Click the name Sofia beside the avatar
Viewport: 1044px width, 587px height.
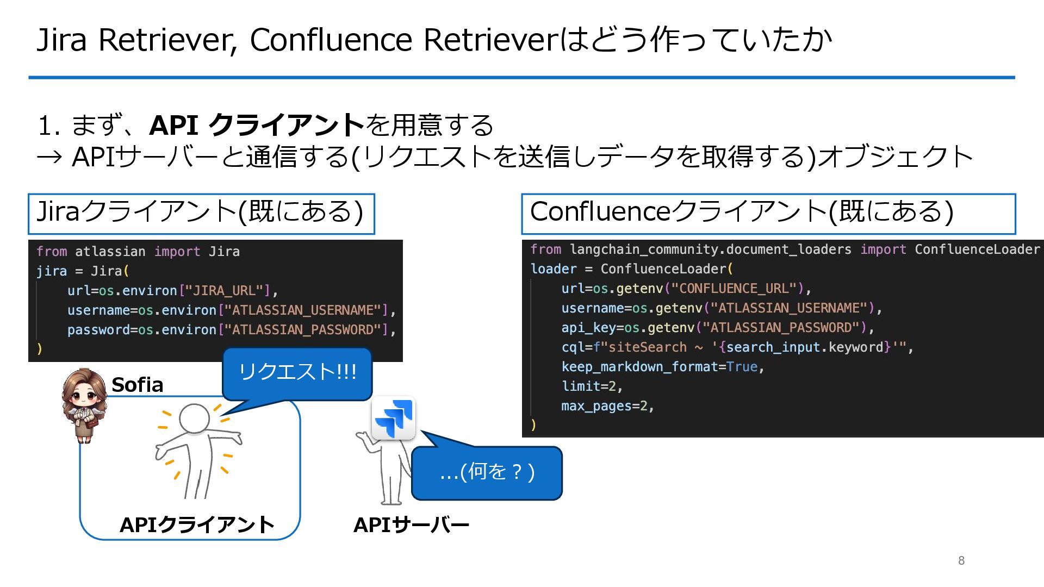pyautogui.click(x=137, y=385)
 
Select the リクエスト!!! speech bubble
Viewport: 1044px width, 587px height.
pyautogui.click(x=297, y=373)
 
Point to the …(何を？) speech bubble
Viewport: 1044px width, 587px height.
pyautogui.click(x=487, y=472)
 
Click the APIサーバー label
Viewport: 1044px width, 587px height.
pyautogui.click(x=411, y=525)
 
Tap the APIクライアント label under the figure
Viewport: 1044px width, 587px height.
pyautogui.click(x=197, y=525)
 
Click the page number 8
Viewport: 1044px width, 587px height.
pyautogui.click(x=961, y=560)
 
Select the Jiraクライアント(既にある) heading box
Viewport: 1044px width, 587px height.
pyautogui.click(x=201, y=213)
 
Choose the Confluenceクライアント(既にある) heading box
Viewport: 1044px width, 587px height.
pyautogui.click(x=768, y=213)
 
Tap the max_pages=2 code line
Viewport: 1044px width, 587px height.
pyautogui.click(x=607, y=406)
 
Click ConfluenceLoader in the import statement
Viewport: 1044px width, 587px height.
pyautogui.click(x=977, y=249)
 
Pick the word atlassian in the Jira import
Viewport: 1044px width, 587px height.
pyautogui.click(x=110, y=252)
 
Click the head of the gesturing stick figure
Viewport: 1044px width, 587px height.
pyautogui.click(x=194, y=418)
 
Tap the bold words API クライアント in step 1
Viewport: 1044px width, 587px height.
pyautogui.click(x=257, y=125)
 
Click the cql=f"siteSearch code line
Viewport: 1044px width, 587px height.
pyautogui.click(x=737, y=347)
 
